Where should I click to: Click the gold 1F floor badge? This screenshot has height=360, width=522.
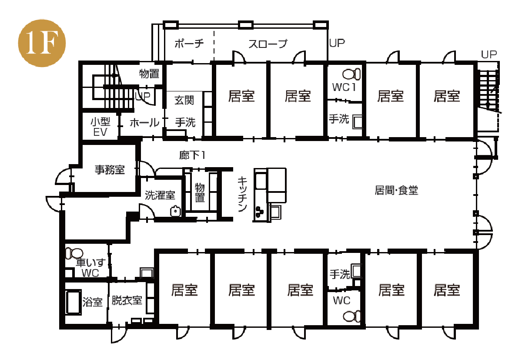[x=42, y=43]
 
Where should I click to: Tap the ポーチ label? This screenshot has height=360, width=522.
[x=189, y=44]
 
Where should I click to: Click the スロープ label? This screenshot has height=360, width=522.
[x=268, y=44]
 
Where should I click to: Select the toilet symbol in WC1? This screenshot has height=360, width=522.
[x=351, y=74]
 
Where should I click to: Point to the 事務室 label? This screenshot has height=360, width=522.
[x=110, y=169]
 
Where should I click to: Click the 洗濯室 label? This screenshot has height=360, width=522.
[x=160, y=195]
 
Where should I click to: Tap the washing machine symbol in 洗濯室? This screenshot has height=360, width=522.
[x=175, y=211]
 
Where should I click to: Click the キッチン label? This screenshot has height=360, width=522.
[x=242, y=194]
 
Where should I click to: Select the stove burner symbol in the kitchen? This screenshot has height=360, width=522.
[x=259, y=212]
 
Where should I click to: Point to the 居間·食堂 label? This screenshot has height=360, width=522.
[x=396, y=190]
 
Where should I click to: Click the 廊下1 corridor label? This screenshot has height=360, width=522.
[x=192, y=155]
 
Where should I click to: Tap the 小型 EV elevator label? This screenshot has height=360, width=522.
[x=100, y=127]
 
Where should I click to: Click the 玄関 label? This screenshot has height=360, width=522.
[x=184, y=100]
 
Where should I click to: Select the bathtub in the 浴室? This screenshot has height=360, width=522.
[x=74, y=302]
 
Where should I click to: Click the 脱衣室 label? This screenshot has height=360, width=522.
[x=127, y=300]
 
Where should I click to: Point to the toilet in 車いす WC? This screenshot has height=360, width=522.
[x=74, y=253]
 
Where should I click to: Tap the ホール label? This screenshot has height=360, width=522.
[x=144, y=123]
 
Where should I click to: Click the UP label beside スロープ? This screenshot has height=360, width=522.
[x=337, y=43]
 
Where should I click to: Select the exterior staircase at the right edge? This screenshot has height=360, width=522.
[x=488, y=91]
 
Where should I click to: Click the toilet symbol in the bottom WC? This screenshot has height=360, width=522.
[x=352, y=316]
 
